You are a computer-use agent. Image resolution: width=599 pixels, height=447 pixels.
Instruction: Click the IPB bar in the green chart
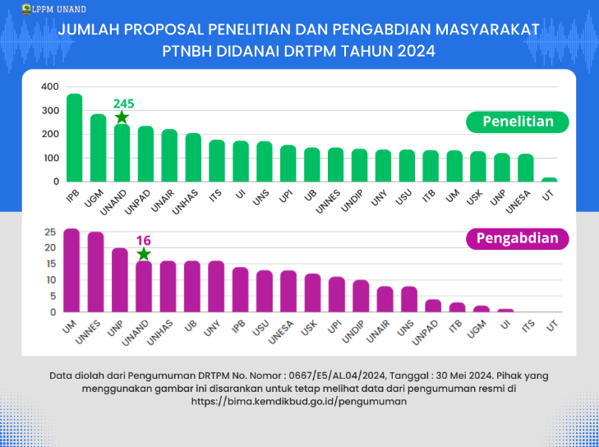click(x=74, y=138)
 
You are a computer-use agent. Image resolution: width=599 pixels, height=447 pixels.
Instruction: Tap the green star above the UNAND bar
click(x=122, y=118)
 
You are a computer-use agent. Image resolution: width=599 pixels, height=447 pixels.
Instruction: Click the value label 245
click(x=123, y=104)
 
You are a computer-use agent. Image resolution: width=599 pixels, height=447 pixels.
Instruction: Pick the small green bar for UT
click(x=550, y=179)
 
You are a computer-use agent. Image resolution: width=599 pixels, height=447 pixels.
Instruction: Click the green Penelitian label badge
click(x=517, y=122)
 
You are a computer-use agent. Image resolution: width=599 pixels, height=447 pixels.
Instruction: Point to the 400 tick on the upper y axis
click(x=49, y=87)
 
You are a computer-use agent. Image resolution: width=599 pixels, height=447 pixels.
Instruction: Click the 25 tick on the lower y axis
click(x=50, y=232)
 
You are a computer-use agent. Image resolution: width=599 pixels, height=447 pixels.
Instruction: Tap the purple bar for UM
click(x=71, y=271)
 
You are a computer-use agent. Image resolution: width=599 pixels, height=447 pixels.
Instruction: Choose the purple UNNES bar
click(x=95, y=273)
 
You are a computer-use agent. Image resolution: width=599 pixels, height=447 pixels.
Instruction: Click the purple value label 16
click(x=144, y=240)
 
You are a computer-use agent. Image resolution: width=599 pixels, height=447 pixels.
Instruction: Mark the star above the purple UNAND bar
click(x=144, y=255)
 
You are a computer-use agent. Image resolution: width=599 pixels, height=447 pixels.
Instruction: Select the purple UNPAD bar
click(x=434, y=306)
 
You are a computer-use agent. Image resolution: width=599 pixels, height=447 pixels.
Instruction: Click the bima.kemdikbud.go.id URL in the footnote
click(x=299, y=403)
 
